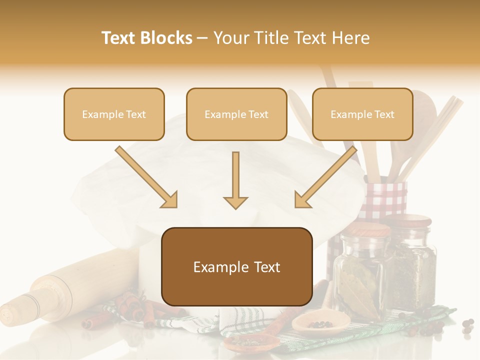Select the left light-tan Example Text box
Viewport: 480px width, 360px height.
[x=114, y=114]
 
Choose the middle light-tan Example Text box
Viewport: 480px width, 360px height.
[x=236, y=114]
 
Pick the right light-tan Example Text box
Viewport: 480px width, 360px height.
[x=362, y=114]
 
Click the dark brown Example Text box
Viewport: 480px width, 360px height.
[x=237, y=266]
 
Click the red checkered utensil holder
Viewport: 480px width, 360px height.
[x=385, y=200]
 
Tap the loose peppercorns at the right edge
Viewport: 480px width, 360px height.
[x=467, y=326]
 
